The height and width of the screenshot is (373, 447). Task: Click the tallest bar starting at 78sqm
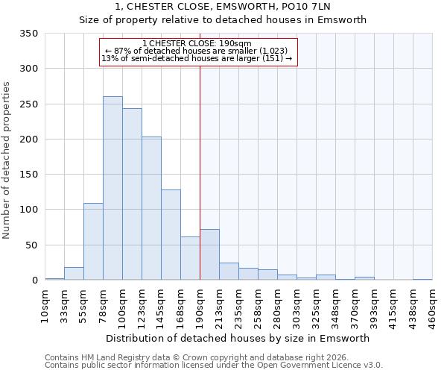pyautogui.click(x=112, y=188)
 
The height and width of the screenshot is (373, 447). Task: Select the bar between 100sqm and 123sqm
pyautogui.click(x=132, y=194)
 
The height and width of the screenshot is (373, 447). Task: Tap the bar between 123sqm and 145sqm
pyautogui.click(x=151, y=208)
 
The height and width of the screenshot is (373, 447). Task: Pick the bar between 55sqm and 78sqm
pyautogui.click(x=93, y=241)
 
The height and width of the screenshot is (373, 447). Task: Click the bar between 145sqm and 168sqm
pyautogui.click(x=171, y=235)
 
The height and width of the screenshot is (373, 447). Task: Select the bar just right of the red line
pyautogui.click(x=209, y=254)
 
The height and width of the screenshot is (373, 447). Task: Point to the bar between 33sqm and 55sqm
pyautogui.click(x=74, y=274)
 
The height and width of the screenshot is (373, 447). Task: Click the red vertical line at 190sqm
pyautogui.click(x=200, y=172)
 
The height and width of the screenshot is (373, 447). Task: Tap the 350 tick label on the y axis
pyautogui.click(x=29, y=34)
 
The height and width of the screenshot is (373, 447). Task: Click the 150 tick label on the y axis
pyautogui.click(x=29, y=175)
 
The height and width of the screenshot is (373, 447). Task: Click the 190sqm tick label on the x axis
pyautogui.click(x=200, y=306)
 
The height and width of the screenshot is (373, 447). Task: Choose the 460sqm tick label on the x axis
pyautogui.click(x=433, y=306)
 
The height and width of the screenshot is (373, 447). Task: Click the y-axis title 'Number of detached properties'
pyautogui.click(x=7, y=160)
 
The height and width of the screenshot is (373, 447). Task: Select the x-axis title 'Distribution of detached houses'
pyautogui.click(x=238, y=338)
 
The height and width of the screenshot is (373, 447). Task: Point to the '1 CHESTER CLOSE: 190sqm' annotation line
pyautogui.click(x=197, y=43)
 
